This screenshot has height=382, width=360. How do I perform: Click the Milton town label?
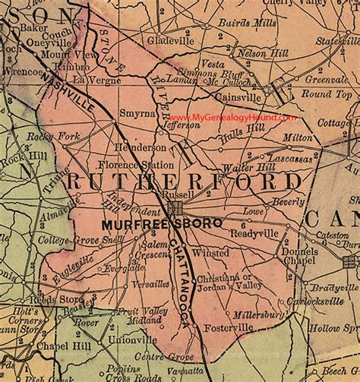pyautogui.click(x=297, y=137)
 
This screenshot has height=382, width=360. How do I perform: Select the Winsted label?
pyautogui.click(x=211, y=251)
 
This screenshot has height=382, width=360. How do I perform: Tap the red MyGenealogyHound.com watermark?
pyautogui.click(x=232, y=118)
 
